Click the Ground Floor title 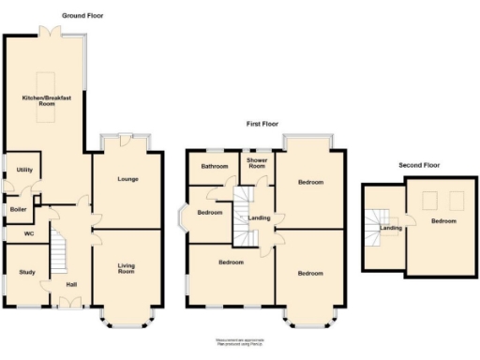(82, 16)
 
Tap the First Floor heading (266, 124)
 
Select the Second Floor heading (418, 165)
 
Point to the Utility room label (22, 170)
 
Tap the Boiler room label (19, 209)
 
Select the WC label (28, 233)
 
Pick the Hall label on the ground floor (71, 284)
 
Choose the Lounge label (127, 178)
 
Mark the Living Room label (127, 269)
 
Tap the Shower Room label (257, 163)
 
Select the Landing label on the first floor (259, 218)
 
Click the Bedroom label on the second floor (443, 221)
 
